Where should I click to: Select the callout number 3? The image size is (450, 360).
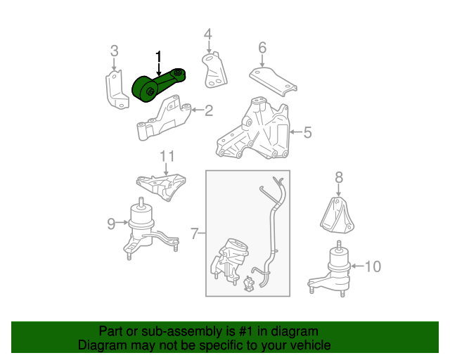[x=114, y=51]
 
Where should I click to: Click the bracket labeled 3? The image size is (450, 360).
[x=116, y=89]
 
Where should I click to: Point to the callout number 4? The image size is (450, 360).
[x=208, y=34]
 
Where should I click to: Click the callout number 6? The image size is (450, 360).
[x=262, y=48]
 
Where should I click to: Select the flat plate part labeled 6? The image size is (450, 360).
[x=273, y=82]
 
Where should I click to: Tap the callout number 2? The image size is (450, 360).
[x=209, y=110]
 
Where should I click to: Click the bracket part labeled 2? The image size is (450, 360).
[x=164, y=118]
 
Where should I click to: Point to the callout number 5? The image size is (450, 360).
[x=307, y=132]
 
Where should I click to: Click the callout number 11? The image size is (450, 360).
[x=167, y=157]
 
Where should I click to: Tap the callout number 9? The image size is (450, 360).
[x=111, y=224]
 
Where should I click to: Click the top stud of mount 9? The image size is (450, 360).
[x=141, y=201]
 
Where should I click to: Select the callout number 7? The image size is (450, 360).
[x=195, y=233]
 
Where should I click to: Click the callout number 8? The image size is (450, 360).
[x=339, y=177]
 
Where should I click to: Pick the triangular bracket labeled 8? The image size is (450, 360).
[x=337, y=214]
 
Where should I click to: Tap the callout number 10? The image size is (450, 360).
[x=373, y=266]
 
